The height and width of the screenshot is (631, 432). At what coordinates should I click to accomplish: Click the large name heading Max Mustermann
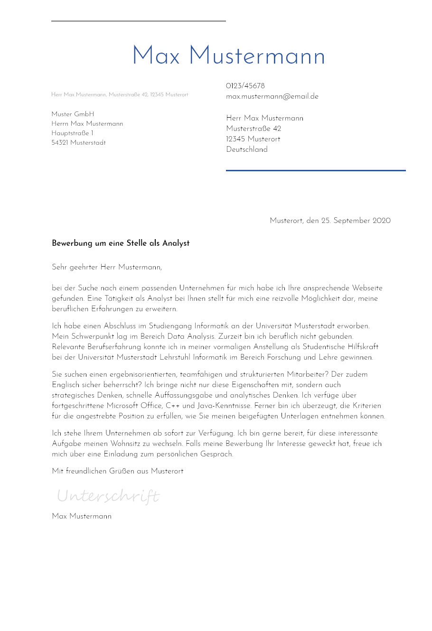[x=228, y=56]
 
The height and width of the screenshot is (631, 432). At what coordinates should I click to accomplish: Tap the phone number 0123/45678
[x=245, y=86]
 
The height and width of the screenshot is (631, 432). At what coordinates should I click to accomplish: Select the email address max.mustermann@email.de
[x=272, y=96]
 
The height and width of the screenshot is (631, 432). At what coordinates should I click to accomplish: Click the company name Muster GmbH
[x=73, y=114]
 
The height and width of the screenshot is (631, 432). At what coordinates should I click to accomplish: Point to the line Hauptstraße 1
[x=72, y=133]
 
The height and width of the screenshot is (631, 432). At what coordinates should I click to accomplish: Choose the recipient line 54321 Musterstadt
[x=78, y=143]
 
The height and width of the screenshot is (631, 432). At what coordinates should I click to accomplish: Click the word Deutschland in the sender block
[x=247, y=149]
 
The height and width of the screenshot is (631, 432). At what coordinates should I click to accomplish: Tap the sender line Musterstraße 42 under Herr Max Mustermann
[x=254, y=129]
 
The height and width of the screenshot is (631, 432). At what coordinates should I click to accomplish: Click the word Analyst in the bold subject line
[x=176, y=243]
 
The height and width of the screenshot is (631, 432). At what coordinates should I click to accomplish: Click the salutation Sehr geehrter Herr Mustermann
[x=107, y=267]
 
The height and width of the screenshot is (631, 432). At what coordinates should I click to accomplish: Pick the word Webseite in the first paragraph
[x=367, y=288]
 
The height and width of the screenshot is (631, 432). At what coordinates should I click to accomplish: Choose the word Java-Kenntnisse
[x=224, y=406]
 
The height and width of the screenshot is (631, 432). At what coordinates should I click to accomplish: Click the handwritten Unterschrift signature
[x=108, y=496]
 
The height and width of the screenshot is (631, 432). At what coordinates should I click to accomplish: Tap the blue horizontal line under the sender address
[x=316, y=170]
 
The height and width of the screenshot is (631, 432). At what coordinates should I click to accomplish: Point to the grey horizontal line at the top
[x=139, y=21]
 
